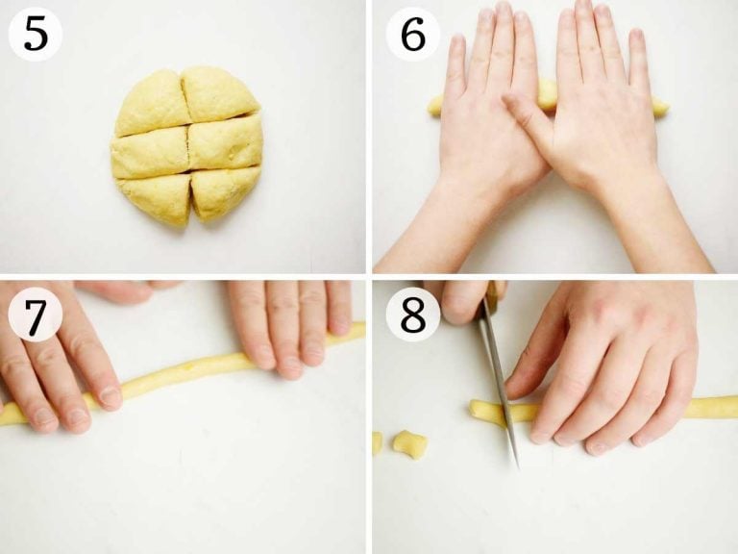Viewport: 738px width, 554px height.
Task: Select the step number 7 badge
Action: click(x=36, y=315)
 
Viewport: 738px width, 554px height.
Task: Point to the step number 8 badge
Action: click(x=413, y=315)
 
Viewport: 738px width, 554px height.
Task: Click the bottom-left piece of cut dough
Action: click(x=155, y=198)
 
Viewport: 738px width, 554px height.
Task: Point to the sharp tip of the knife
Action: click(x=517, y=466)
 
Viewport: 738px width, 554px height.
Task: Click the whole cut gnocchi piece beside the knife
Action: click(x=410, y=443)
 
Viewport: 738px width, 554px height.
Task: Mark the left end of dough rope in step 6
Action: click(x=430, y=106)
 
